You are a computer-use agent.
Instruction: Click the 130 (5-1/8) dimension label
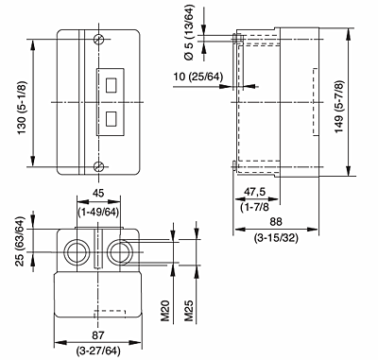23,108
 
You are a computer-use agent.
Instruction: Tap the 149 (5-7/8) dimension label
339,107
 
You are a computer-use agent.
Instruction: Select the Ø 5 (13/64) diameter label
190,32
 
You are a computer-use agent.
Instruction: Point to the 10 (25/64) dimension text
198,77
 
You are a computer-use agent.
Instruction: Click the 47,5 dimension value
255,192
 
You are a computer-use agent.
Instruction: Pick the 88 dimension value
276,222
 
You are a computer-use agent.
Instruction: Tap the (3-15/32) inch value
276,238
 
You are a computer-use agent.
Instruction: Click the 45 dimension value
98,193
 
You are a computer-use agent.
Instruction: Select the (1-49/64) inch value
98,212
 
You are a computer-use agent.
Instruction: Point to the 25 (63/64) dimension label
20,241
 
